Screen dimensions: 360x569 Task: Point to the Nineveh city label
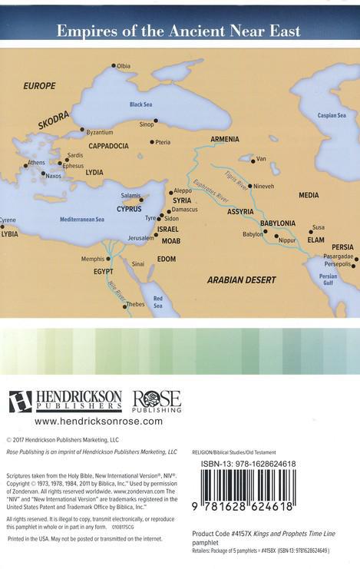[263, 186]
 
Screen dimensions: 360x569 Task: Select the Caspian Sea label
[332, 115]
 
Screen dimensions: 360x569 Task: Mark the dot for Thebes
[125, 304]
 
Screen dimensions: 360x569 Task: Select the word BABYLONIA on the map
[277, 223]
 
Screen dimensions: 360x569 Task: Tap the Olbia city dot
[113, 66]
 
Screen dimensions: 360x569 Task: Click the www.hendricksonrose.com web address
[98, 422]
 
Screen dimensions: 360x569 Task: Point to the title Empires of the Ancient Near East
[180, 31]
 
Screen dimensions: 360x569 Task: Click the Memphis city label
[92, 260]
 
